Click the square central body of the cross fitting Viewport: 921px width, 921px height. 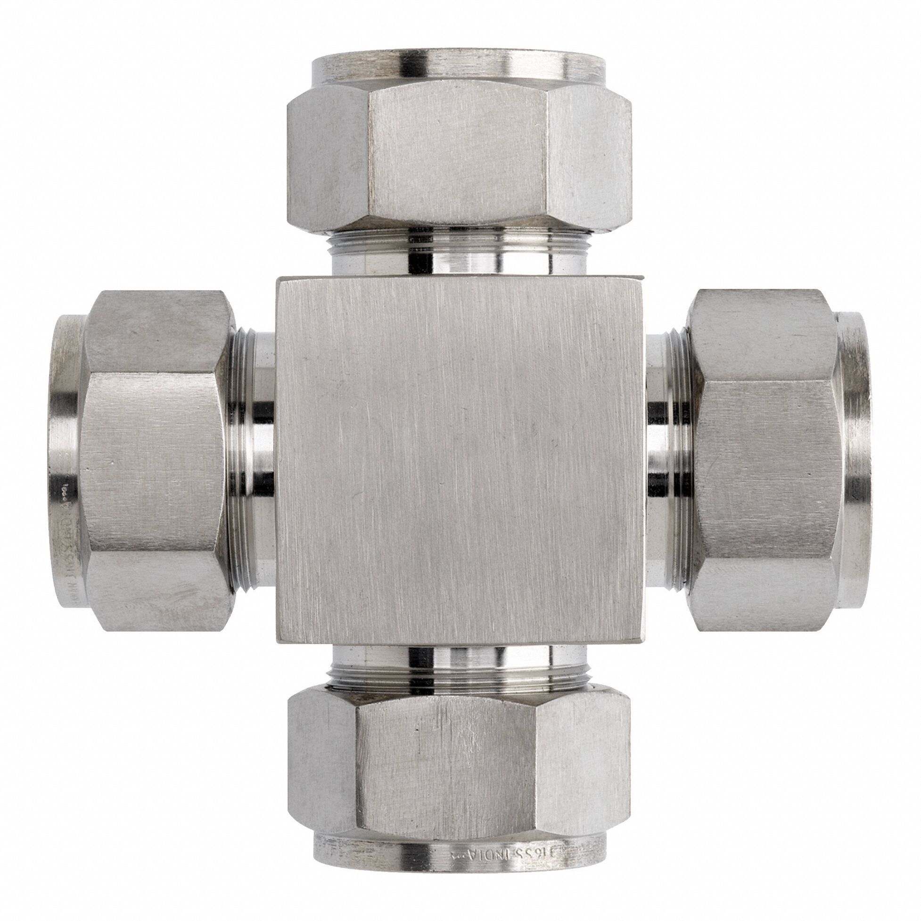coord(460,460)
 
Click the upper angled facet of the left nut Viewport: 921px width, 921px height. coord(157,334)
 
